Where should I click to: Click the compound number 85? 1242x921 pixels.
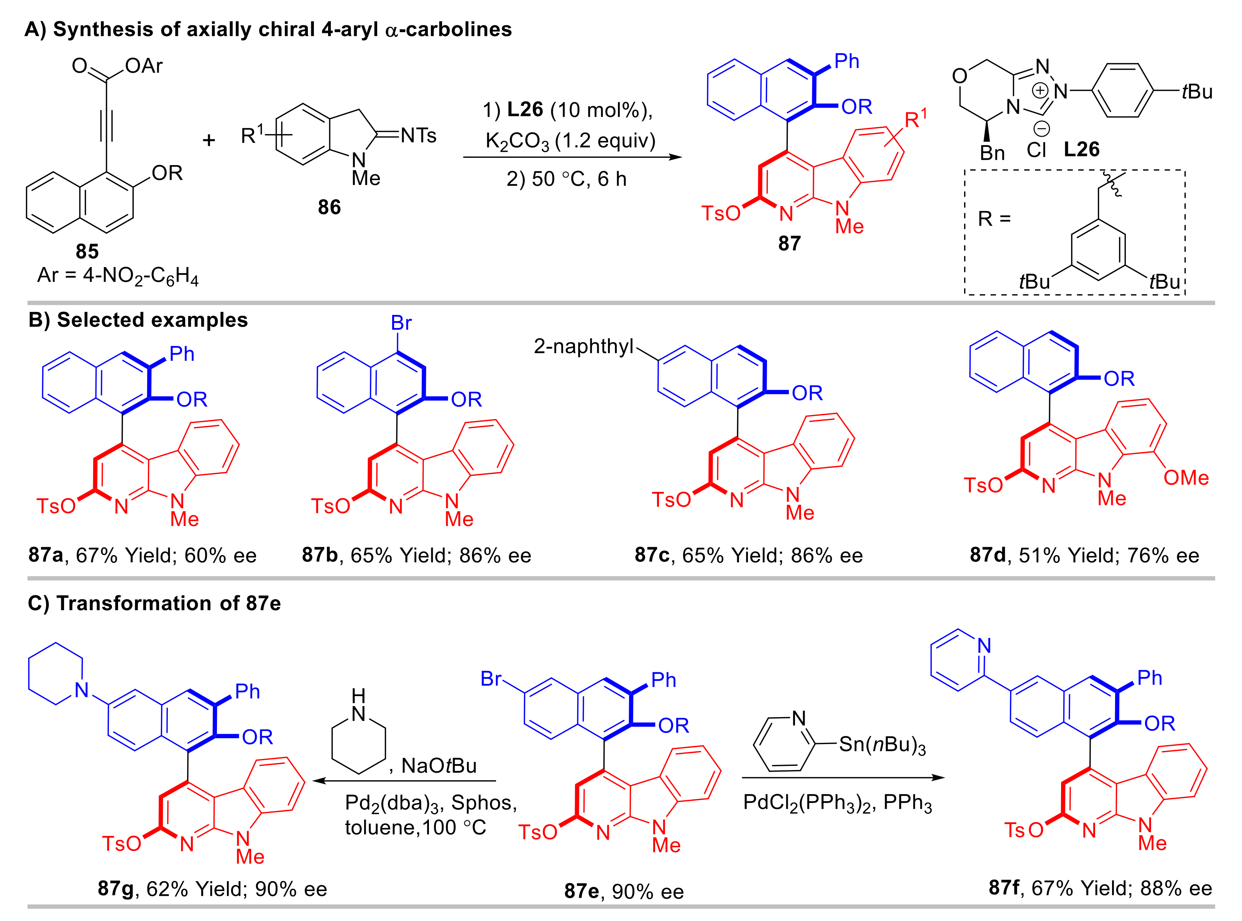coord(87,251)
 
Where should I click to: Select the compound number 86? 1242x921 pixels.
coord(329,207)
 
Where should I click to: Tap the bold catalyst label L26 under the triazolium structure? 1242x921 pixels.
coord(1081,149)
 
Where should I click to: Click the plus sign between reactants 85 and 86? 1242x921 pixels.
coord(209,140)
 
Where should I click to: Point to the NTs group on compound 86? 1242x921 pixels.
coord(418,136)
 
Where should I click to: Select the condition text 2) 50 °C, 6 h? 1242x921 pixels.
coord(567,179)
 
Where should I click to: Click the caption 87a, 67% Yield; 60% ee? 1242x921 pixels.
coord(143,555)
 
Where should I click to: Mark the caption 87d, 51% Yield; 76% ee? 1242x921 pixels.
coord(1084,555)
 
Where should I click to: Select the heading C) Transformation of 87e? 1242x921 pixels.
coord(154,603)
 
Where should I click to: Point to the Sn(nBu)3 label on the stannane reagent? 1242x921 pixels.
coord(882,745)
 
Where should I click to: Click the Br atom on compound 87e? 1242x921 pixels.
coord(491,678)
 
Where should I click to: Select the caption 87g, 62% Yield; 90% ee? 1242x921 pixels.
coord(212,889)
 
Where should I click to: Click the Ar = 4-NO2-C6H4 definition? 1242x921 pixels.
coord(118,276)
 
